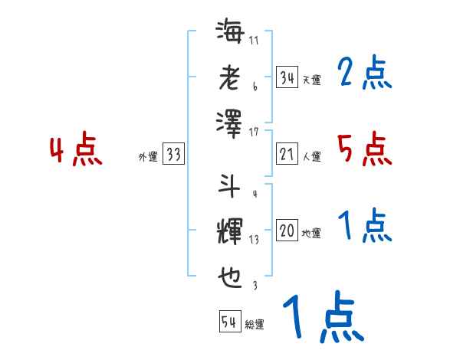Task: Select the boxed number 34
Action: [287, 78]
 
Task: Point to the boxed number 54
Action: [229, 322]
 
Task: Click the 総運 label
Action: [255, 324]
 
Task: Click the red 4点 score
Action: [76, 151]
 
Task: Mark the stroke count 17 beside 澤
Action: [255, 133]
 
